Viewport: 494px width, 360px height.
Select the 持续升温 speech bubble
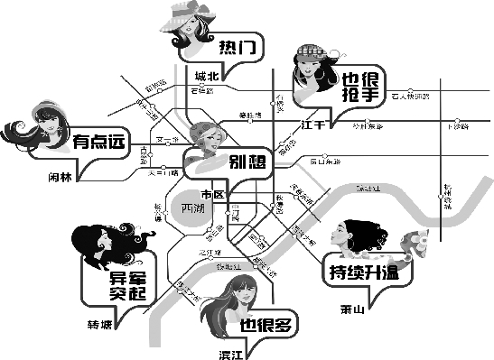click(365, 270)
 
